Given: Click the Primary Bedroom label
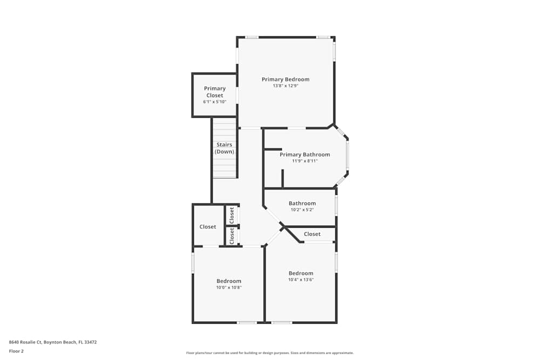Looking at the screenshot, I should [285, 79].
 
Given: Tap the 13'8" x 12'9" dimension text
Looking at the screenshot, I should [285, 86].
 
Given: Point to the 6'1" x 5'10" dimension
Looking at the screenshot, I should [214, 102].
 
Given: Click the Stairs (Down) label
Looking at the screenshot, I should [224, 148].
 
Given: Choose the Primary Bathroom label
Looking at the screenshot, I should [305, 154].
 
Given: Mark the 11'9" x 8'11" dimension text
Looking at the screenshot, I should [305, 161].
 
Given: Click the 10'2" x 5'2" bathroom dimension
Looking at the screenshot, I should [302, 210].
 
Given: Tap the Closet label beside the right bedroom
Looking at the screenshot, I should [312, 234].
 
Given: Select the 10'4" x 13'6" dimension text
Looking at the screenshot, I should [301, 280].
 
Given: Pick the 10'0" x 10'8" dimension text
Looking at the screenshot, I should [229, 288].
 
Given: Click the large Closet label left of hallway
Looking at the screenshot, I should [208, 227].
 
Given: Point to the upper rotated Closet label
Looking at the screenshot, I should [232, 215].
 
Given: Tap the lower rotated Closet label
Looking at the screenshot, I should [232, 236].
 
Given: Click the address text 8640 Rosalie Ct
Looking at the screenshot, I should [52, 342].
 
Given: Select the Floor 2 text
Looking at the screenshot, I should [16, 351].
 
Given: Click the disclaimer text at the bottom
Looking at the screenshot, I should [270, 353].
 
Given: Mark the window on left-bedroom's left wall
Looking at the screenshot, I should [193, 263].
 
